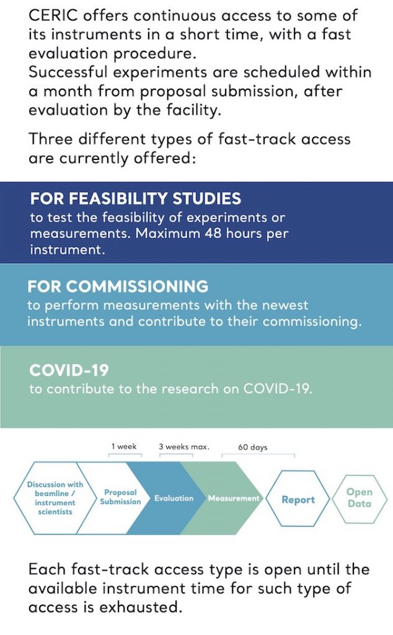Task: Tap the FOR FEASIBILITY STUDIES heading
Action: pos(136,199)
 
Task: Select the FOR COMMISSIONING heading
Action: pos(118,286)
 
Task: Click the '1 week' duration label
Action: pos(124,446)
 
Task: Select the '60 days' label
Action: pos(253,446)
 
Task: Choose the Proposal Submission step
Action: pos(120,497)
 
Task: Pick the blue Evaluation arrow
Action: pos(174,498)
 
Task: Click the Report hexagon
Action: pos(298,499)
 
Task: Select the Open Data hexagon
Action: pos(360,498)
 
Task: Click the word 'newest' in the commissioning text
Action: pos(277,305)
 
